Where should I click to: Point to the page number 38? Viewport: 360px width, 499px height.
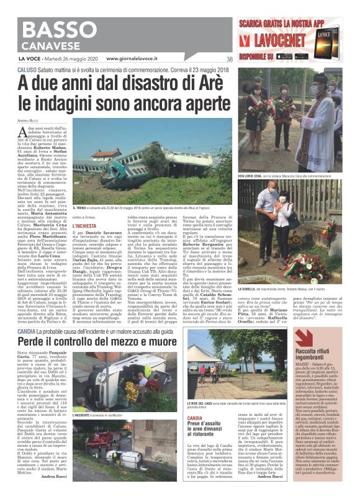click(x=229, y=59)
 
